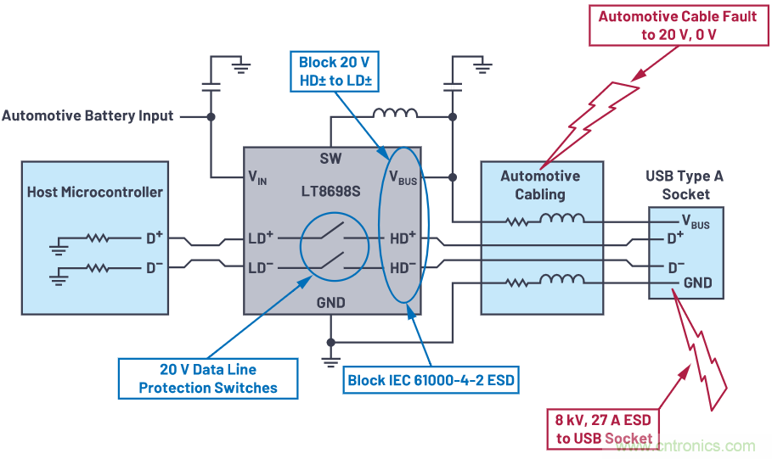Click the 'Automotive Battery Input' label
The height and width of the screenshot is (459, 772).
pyautogui.click(x=87, y=116)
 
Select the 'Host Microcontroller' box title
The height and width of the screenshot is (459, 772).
pyautogui.click(x=95, y=192)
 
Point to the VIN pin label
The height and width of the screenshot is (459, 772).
pyautogui.click(x=257, y=178)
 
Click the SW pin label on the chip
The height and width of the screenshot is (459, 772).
pyautogui.click(x=330, y=159)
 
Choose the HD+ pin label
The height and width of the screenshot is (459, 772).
pyautogui.click(x=402, y=238)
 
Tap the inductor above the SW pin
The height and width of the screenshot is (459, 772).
pyautogui.click(x=396, y=114)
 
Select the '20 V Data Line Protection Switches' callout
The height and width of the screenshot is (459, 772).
pyautogui.click(x=208, y=378)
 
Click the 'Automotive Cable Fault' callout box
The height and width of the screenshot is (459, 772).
pyautogui.click(x=677, y=25)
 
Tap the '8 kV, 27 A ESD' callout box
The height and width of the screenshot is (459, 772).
pyautogui.click(x=602, y=430)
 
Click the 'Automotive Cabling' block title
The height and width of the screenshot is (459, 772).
pyautogui.click(x=540, y=185)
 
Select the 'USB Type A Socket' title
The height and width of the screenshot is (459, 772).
pyautogui.click(x=685, y=185)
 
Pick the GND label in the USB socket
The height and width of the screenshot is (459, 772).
pyautogui.click(x=697, y=283)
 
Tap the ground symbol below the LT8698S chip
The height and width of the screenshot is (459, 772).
pyautogui.click(x=330, y=362)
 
